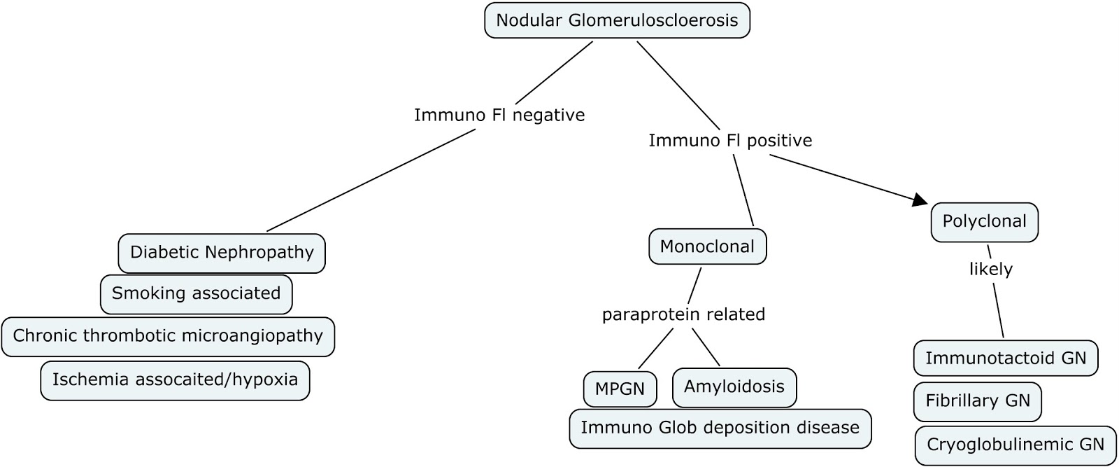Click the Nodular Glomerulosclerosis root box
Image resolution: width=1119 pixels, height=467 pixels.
click(x=617, y=20)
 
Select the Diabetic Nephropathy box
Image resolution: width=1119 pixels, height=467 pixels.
click(x=222, y=253)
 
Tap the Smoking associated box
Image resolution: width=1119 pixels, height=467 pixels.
click(x=196, y=294)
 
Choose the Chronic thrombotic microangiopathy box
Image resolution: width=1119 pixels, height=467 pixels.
click(x=168, y=336)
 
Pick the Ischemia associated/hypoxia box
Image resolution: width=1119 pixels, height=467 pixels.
click(x=175, y=380)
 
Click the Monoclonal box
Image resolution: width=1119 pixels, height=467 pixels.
click(x=707, y=246)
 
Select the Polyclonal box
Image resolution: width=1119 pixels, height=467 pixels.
click(x=984, y=222)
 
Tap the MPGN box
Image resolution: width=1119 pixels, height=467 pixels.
click(x=620, y=389)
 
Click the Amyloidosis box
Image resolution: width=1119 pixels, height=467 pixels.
click(x=734, y=387)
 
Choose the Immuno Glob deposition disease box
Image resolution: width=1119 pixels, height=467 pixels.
click(x=720, y=428)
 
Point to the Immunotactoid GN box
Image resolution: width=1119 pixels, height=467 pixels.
click(x=1006, y=358)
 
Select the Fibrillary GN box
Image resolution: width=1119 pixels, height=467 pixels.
click(x=977, y=401)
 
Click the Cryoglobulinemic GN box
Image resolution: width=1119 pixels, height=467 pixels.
click(x=1015, y=445)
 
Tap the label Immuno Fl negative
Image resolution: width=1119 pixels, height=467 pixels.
click(x=499, y=115)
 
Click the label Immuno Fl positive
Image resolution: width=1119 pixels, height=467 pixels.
click(x=730, y=141)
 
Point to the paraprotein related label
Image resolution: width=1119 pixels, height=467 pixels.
click(x=683, y=314)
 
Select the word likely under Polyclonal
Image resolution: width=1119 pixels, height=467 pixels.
click(x=990, y=269)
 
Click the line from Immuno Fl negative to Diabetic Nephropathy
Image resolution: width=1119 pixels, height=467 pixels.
click(x=371, y=181)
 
